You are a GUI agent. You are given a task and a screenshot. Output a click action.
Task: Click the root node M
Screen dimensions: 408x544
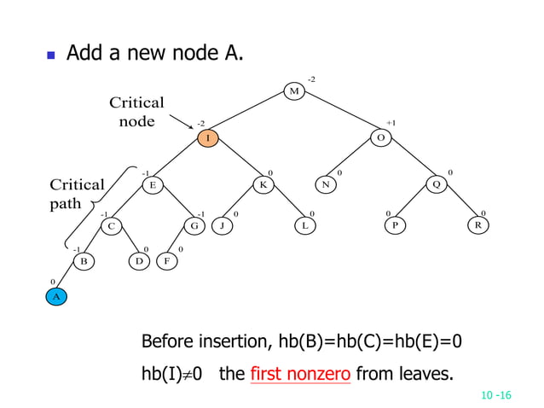294,91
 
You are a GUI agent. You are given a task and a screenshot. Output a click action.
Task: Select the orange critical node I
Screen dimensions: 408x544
207,137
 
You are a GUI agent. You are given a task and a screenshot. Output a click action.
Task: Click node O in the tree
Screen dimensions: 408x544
381,137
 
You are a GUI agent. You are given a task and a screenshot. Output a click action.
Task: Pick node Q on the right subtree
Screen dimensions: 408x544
437,184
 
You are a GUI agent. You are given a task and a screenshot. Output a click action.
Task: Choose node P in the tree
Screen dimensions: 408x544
394,226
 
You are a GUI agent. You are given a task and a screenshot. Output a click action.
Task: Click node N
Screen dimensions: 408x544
326,184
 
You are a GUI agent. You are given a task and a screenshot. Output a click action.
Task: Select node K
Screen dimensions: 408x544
263,184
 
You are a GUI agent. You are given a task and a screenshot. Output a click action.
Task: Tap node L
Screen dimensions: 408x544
304,226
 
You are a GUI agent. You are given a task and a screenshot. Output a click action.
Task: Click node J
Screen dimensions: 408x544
222,226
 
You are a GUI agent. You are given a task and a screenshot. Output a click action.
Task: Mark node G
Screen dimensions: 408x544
195,226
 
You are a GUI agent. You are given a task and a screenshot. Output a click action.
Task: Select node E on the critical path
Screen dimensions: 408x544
152,184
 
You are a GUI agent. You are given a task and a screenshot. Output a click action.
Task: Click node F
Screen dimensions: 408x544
168,261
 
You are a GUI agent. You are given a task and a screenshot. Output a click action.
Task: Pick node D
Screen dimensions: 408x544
138,261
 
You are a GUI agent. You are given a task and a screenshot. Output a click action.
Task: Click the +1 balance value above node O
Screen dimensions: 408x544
391,123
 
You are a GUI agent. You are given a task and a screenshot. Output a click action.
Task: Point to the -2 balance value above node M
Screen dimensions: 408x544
311,79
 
